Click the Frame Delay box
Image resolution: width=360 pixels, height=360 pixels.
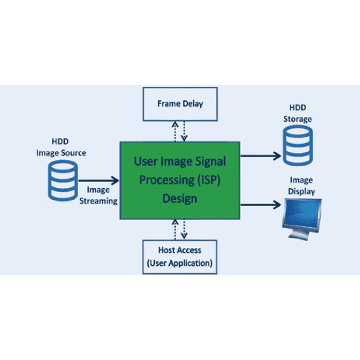point(180,104)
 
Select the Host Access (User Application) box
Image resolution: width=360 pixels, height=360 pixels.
point(179,256)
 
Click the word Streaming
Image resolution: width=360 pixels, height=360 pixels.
point(98,201)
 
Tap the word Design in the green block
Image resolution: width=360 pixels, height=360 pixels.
point(180,198)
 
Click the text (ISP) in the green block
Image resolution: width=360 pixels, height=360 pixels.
point(210,180)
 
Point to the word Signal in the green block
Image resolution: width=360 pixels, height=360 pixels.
point(210,161)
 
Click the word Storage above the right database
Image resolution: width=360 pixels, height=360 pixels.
point(297,119)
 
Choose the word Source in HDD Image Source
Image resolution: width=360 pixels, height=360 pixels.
point(73,153)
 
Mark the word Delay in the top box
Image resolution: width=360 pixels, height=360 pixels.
point(192,104)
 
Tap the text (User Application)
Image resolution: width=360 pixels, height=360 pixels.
point(179,263)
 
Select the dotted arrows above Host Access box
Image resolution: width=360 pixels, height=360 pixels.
point(180,229)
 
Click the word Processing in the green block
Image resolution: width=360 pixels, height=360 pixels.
point(164,180)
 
